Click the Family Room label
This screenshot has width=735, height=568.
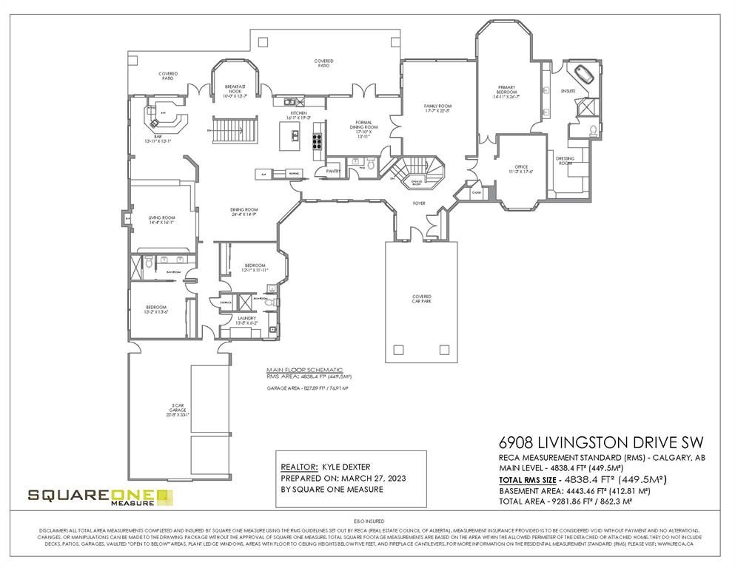(x=437, y=109)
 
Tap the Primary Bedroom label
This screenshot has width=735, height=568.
(x=506, y=92)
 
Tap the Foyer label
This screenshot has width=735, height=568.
(x=419, y=203)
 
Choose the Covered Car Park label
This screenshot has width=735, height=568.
(x=422, y=299)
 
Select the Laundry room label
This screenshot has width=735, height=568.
(x=246, y=321)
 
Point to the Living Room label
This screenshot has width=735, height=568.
(x=161, y=220)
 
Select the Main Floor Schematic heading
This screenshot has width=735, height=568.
(x=305, y=369)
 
